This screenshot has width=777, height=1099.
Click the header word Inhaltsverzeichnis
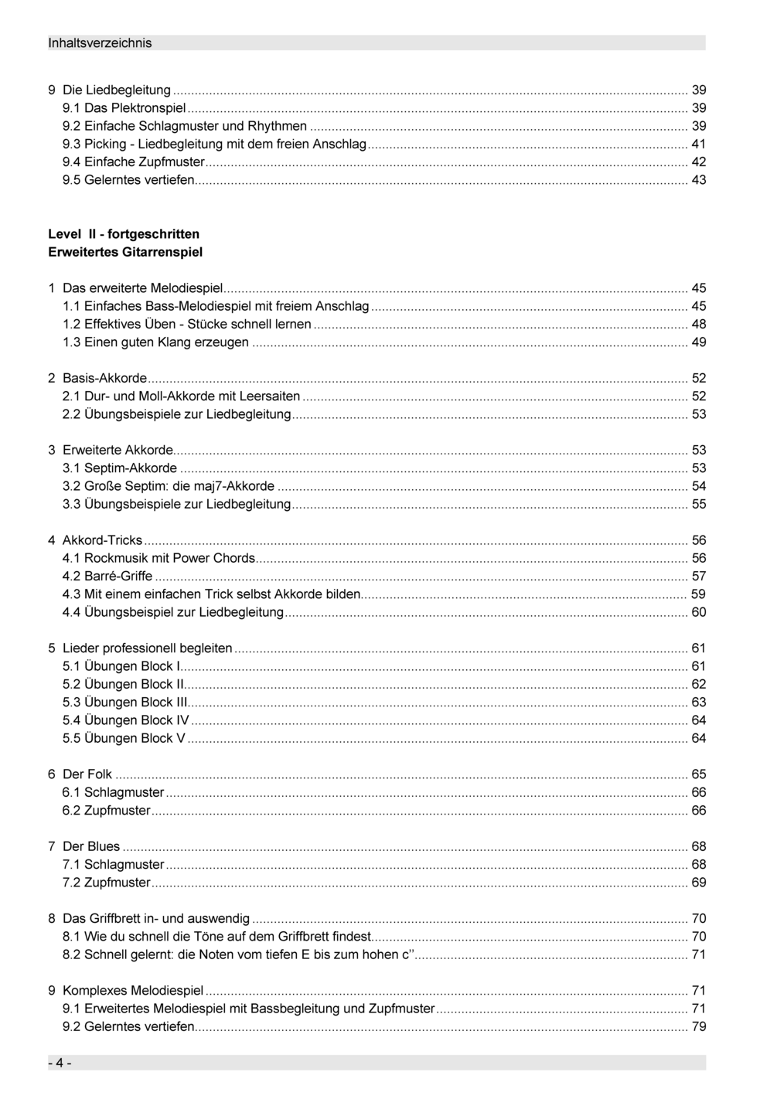pos(100,43)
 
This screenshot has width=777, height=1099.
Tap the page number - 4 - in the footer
pos(60,1063)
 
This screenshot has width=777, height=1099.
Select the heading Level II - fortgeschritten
pos(124,234)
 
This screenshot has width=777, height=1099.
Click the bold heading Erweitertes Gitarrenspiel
pos(125,252)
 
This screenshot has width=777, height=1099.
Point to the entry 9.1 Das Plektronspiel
pos(124,108)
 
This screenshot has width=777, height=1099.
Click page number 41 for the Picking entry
pos(698,144)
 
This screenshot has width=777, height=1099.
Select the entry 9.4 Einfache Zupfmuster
pos(133,162)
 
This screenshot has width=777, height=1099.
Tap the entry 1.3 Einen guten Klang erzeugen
pos(155,342)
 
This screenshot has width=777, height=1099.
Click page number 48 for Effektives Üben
pos(698,325)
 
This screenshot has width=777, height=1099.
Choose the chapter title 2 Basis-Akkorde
pos(97,379)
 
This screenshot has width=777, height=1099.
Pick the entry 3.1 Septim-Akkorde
pos(120,468)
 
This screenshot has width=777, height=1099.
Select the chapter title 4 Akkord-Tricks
pos(95,540)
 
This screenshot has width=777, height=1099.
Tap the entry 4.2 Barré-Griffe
pos(107,577)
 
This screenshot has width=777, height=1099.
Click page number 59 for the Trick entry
pos(698,594)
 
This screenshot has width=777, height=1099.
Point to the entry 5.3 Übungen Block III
pos(124,703)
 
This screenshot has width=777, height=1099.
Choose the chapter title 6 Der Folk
pos(80,774)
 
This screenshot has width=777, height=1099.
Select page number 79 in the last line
pos(698,1026)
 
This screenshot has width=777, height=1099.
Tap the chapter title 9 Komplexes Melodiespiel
pos(126,991)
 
